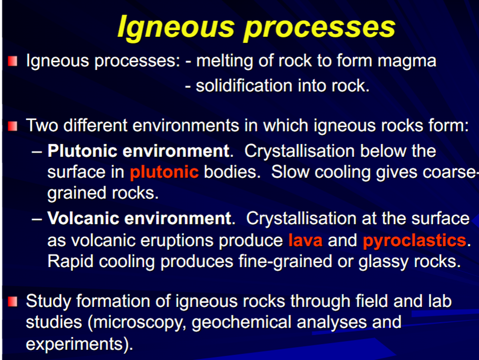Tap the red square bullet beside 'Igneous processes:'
coord(13,61)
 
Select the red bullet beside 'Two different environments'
coord(13,126)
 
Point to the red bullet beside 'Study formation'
coord(13,302)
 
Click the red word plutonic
coord(164,172)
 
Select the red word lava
coord(305,241)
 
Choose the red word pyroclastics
coord(414,241)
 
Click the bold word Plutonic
coord(82,151)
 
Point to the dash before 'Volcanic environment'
coord(37,219)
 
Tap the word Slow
coord(290,172)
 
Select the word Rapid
coord(70,262)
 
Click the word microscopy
coord(137,323)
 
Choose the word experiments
coord(75,344)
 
